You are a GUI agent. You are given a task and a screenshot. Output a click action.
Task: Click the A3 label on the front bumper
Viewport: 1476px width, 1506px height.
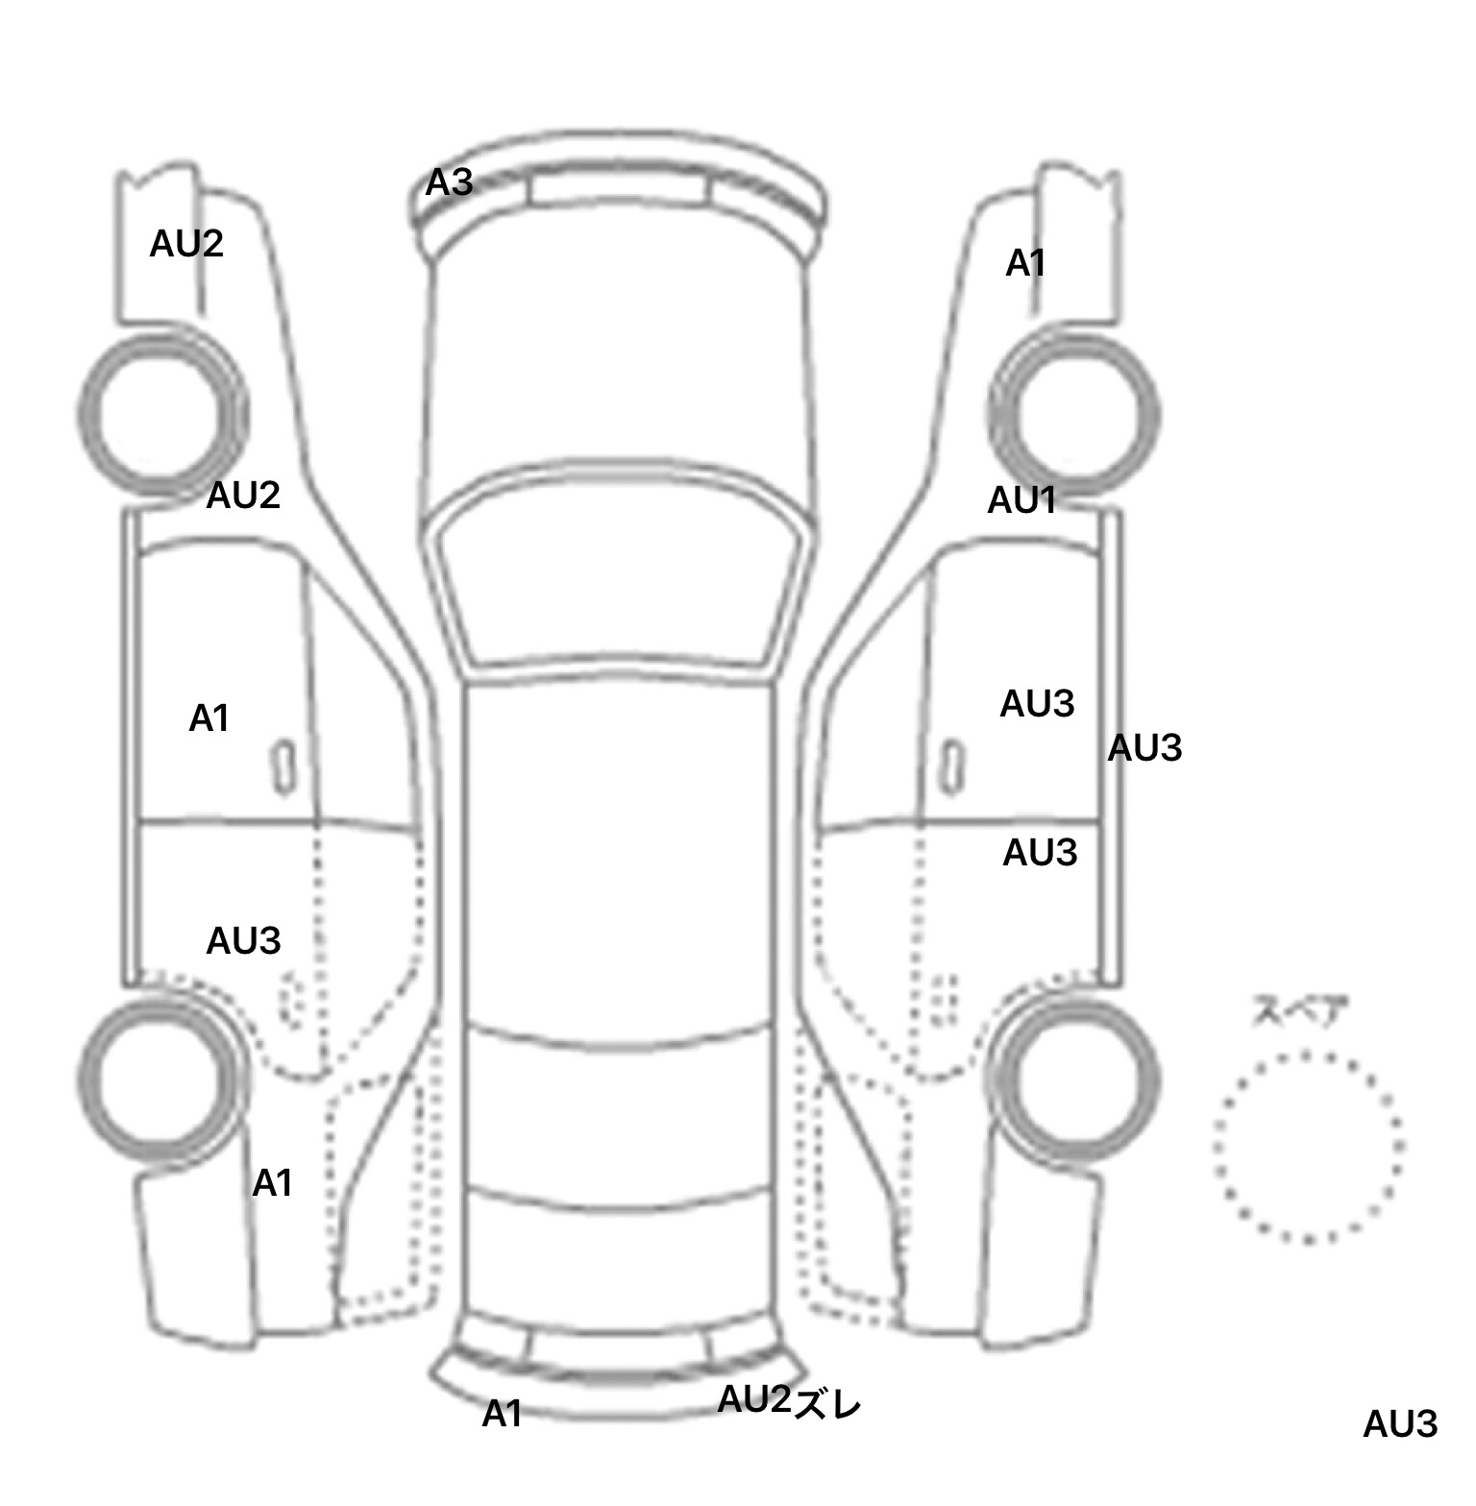coord(450,182)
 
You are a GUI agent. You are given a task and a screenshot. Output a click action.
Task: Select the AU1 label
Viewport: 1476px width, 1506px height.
coord(1022,500)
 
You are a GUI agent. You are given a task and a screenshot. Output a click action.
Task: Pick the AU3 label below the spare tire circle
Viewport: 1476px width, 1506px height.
coord(1400,1424)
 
